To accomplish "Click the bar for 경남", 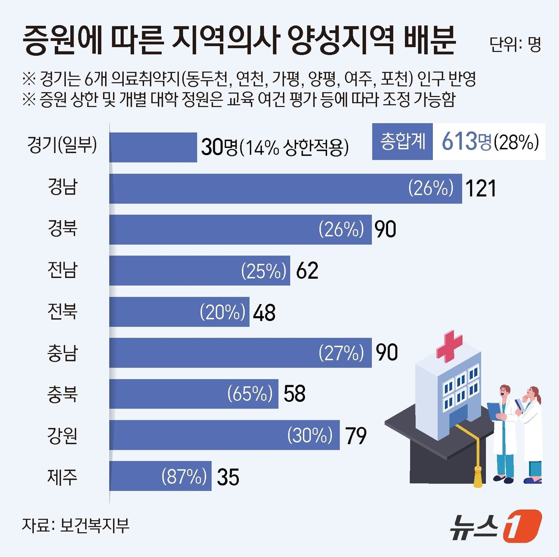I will [285, 189].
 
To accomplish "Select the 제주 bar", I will [160, 476].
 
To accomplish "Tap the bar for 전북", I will [179, 312].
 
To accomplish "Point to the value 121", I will [481, 189].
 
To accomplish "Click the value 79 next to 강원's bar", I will [356, 435].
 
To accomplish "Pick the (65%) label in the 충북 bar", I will [250, 394].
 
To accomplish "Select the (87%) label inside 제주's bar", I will [184, 476].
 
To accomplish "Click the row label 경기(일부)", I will [62, 145].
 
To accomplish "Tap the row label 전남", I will [62, 270].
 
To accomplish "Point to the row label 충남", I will [62, 353].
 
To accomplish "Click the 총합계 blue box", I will [402, 142].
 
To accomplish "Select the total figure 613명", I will [466, 142].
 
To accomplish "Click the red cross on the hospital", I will [449, 345].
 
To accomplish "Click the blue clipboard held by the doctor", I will [494, 411].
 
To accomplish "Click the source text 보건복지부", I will [95, 526].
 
